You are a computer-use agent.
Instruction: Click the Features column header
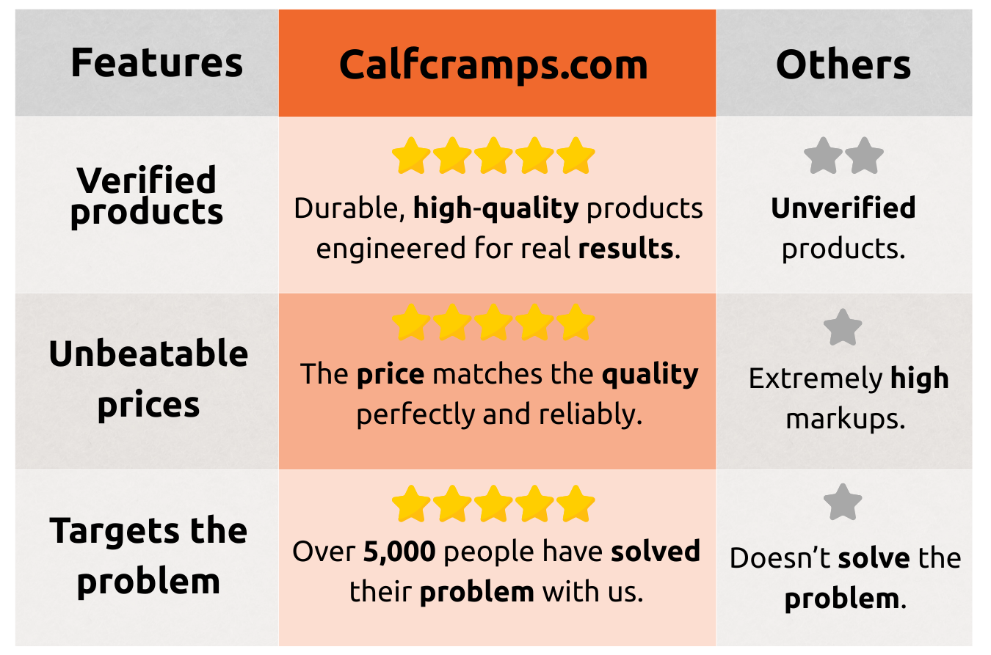pos(156,63)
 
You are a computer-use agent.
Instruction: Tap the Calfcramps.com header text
pos(493,65)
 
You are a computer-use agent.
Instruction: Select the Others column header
pos(843,65)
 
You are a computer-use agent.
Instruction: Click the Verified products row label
pos(146,197)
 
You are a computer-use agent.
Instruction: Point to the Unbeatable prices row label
pos(148,379)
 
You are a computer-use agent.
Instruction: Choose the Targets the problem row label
pos(148,556)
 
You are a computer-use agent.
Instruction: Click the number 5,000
pos(399,552)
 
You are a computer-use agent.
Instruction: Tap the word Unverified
pos(843,208)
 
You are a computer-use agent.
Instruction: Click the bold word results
pos(626,248)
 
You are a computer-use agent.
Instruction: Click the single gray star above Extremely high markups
pos(843,327)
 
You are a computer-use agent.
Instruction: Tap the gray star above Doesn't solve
pos(843,502)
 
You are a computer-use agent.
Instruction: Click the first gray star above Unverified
pos(823,155)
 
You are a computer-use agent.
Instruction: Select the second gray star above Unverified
pos(864,155)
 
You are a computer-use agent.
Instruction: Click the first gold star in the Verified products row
pos(411,155)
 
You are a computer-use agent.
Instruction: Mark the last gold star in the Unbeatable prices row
pos(576,322)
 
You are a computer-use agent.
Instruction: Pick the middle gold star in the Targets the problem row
pos(493,504)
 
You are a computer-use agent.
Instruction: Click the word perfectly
pos(415,415)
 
